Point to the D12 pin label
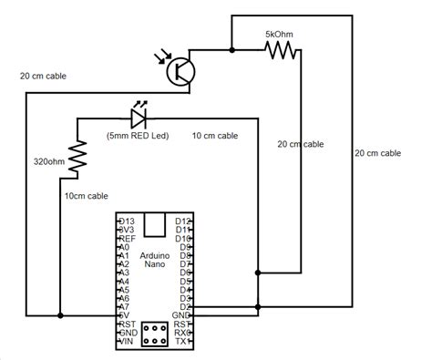[183, 221]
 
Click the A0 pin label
[125, 247]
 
